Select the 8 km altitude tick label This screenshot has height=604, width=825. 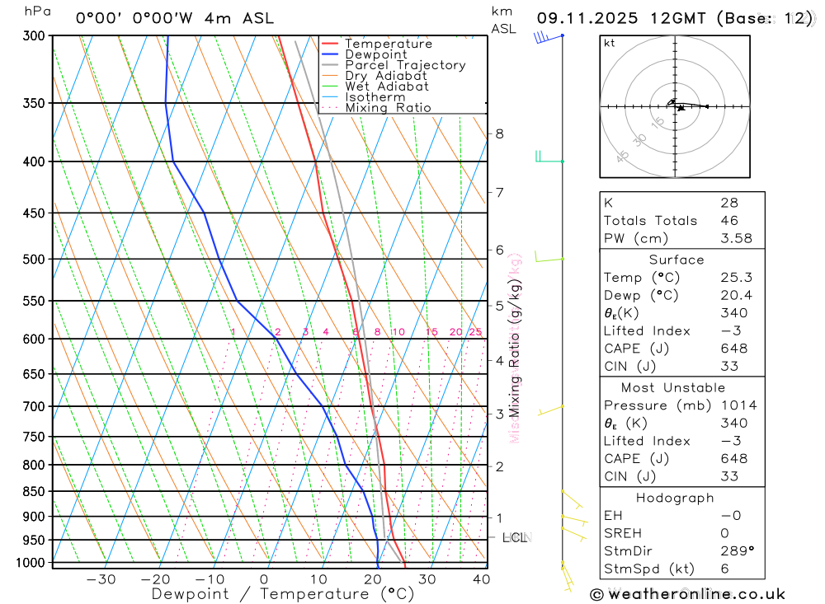pos(499,133)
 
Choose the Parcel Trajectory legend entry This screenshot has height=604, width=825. pos(404,65)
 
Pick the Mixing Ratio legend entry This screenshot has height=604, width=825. pos(388,108)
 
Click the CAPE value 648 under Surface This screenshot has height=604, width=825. pos(734,349)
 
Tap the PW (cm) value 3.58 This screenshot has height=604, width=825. pos(734,238)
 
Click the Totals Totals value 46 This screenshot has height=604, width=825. pos(728,221)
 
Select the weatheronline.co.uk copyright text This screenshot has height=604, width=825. pos(687,594)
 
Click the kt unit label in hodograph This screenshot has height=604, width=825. pos(610,43)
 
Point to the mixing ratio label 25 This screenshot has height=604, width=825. pos(475,332)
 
